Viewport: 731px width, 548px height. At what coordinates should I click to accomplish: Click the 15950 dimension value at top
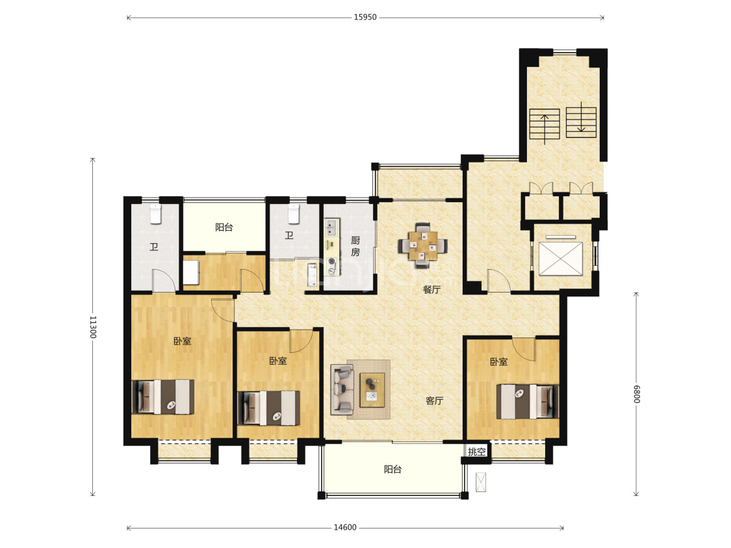coord(365,18)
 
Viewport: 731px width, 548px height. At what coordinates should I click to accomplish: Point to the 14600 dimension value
coord(345,527)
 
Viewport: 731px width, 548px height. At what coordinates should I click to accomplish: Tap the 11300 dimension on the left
coord(93,327)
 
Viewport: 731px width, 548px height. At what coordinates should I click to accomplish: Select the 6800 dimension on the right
coord(636,395)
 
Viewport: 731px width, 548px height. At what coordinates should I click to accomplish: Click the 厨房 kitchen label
coord(355,246)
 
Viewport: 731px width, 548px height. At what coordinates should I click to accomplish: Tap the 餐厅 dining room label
coord(431,290)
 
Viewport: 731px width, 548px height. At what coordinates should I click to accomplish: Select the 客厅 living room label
coord(435,400)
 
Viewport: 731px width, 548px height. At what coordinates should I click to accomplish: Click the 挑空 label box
coord(476,451)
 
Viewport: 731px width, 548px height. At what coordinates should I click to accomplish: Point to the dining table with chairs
coord(423,245)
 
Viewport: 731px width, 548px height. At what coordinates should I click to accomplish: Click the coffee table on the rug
coord(372,390)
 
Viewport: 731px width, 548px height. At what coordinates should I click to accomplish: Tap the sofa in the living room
coord(342,390)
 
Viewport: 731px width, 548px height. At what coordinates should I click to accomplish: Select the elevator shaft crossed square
coord(561,259)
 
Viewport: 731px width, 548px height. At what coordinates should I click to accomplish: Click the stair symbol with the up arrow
coord(545,124)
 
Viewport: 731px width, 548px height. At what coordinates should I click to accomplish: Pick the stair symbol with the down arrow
coord(582,122)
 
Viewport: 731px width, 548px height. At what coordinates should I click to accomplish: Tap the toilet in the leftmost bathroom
coord(155,214)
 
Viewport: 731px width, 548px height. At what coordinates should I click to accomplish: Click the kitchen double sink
coord(332,228)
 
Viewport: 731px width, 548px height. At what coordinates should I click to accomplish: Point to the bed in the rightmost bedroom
coord(527,402)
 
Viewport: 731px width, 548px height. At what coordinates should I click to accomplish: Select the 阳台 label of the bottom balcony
coord(392,469)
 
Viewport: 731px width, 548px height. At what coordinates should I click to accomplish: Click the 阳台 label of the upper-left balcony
coord(224,227)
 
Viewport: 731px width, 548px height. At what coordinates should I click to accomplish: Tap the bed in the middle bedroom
coord(269,408)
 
